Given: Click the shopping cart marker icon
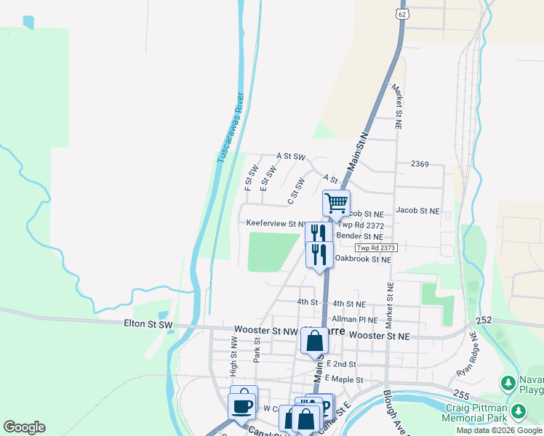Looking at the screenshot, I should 337,203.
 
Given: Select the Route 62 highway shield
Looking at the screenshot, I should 402,14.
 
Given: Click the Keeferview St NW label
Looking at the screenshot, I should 276,224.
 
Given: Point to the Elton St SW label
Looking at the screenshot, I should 148,323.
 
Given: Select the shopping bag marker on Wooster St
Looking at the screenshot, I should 314,340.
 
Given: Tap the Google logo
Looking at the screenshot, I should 24,427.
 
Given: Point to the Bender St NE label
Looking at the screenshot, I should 359,236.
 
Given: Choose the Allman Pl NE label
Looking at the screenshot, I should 355,319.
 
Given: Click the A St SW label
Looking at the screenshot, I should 291,156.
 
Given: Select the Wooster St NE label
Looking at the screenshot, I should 380,336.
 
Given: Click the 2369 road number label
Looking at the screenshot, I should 421,164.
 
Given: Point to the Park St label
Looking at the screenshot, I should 257,350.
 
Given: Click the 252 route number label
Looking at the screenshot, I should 484,320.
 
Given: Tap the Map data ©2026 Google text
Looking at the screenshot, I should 500,430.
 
